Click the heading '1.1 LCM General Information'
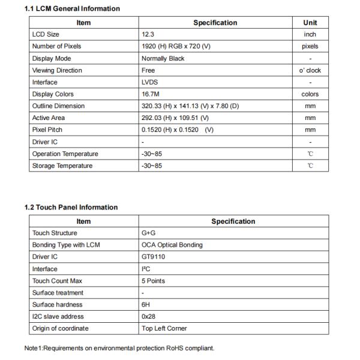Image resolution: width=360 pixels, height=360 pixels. click(71, 8)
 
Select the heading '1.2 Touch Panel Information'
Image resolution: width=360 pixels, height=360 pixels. click(71, 207)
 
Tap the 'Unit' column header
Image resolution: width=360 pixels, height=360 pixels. click(310, 23)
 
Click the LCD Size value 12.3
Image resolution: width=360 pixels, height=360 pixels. click(148, 35)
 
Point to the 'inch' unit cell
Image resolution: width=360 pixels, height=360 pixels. click(310, 35)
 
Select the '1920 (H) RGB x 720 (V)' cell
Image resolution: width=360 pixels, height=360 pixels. click(178, 46)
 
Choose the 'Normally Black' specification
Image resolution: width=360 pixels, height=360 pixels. click(163, 58)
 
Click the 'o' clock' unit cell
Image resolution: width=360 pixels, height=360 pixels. click(310, 70)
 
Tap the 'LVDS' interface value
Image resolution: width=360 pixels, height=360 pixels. click(150, 82)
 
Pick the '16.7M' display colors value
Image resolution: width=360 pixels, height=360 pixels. click(151, 94)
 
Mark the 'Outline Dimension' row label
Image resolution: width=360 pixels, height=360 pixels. click(58, 106)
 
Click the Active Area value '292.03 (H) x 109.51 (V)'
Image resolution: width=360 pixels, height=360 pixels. click(175, 118)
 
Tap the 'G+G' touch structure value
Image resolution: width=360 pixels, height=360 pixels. click(149, 233)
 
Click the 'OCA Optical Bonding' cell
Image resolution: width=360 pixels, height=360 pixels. click(172, 245)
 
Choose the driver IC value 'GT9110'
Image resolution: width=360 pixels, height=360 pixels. click(154, 257)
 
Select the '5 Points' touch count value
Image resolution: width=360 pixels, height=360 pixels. click(153, 281)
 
